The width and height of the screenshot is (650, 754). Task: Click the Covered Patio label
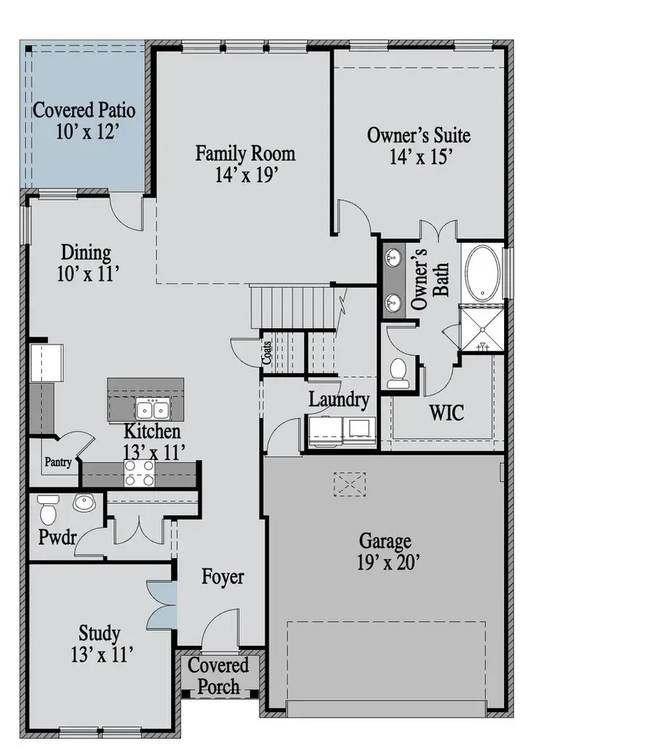click(84, 111)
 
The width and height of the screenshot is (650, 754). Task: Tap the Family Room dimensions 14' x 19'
click(246, 174)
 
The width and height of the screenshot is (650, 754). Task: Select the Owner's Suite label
click(419, 135)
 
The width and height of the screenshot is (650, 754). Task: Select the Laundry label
click(339, 399)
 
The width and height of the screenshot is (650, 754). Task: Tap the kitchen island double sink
click(152, 410)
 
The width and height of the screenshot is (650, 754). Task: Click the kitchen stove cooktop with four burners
click(139, 473)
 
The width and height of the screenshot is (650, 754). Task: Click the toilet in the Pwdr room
click(48, 509)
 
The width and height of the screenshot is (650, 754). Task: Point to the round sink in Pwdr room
click(84, 503)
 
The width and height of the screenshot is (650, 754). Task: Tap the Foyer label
click(222, 577)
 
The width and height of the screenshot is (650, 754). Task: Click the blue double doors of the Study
click(161, 604)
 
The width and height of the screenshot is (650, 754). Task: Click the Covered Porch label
click(219, 675)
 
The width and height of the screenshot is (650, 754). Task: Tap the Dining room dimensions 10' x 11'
click(86, 274)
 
